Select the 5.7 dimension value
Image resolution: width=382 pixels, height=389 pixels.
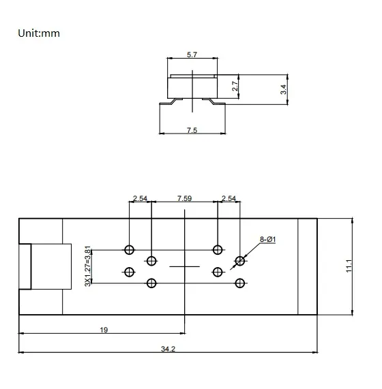coord(192,55)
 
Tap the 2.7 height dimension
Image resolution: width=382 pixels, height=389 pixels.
coord(235,87)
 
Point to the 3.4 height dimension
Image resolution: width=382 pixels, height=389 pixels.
coord(283,89)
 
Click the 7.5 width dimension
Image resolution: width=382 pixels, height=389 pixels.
coord(191,130)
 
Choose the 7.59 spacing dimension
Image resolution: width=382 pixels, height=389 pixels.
coord(184,198)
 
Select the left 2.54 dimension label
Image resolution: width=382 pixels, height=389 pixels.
coord(140,198)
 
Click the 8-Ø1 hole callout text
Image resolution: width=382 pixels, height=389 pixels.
coord(267,240)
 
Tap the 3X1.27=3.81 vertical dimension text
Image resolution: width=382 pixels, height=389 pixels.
coord(87,266)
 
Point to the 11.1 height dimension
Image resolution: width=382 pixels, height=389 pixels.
coord(348,266)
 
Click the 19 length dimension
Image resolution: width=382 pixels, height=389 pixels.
coord(104,330)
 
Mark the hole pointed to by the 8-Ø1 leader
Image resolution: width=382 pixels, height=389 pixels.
coord(239,260)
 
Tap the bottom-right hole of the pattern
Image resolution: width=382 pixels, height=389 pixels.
coord(239,283)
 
